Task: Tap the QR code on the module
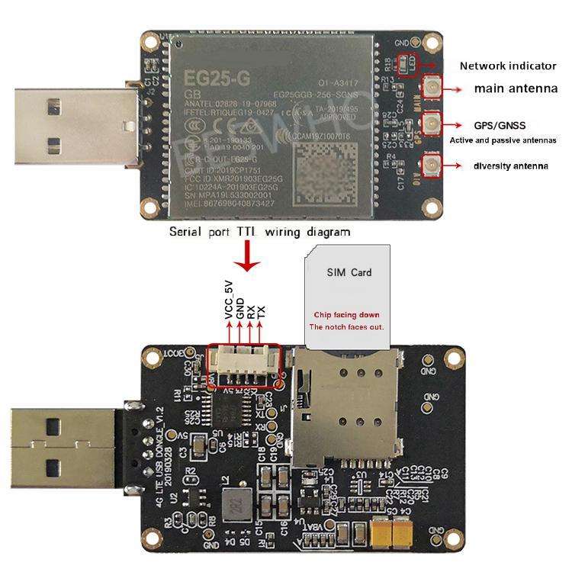326,173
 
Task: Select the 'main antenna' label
516,89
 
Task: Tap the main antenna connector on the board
432,89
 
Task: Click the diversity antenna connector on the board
432,165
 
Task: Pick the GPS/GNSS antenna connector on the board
432,123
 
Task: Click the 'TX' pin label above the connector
261,310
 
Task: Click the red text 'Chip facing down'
349,314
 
